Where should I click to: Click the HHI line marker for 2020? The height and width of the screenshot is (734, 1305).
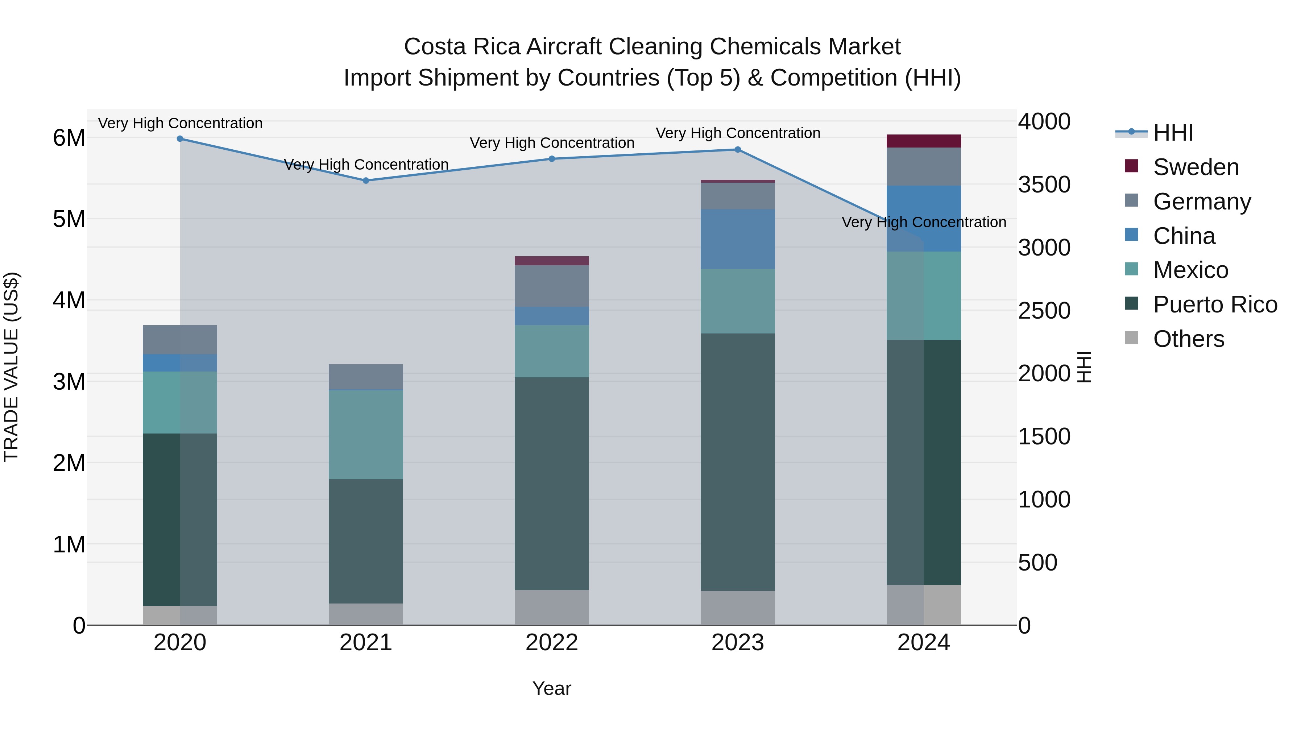[x=180, y=139]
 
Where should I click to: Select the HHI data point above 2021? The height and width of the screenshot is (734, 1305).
[x=366, y=181]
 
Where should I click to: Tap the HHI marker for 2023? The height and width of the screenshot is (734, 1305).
[x=738, y=149]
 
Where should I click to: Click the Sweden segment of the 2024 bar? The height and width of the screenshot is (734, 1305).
[x=924, y=141]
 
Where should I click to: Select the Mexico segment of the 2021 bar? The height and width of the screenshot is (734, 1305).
[x=366, y=435]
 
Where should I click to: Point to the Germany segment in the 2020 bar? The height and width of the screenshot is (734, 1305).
[x=180, y=339]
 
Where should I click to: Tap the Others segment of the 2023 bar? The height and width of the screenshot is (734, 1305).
[x=738, y=607]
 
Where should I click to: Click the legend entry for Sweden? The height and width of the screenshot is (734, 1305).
[x=1196, y=167]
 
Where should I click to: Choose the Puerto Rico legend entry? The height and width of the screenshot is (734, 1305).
[x=1215, y=304]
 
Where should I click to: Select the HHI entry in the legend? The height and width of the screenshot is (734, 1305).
[x=1173, y=133]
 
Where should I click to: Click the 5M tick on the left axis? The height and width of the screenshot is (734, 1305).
[x=69, y=219]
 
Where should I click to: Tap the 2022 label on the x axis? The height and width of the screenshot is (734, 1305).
[x=552, y=643]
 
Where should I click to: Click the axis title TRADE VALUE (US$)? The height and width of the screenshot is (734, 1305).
[x=11, y=367]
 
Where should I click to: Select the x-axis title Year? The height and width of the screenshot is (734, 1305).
[x=552, y=688]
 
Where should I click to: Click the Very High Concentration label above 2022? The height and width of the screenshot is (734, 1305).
[x=552, y=143]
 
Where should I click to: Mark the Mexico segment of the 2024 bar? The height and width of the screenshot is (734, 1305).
[x=924, y=295]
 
